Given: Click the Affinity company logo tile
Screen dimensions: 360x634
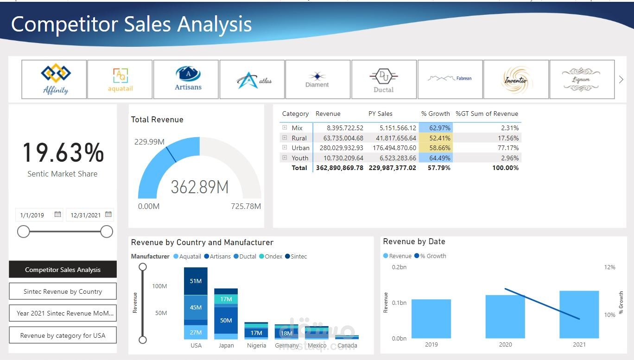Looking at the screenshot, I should (54, 79).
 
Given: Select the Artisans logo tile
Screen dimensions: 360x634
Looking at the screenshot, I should (186, 79).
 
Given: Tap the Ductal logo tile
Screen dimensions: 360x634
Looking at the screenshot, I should (384, 79).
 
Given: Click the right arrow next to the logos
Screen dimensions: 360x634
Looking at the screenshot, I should (621, 79).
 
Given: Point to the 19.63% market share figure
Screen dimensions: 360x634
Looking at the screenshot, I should (63, 153).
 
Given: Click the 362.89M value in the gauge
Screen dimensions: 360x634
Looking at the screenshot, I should (200, 187).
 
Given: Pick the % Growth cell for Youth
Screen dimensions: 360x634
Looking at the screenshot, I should (436, 158).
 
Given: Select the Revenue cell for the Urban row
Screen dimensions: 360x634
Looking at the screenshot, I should (339, 148).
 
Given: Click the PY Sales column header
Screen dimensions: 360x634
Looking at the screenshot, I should (380, 114).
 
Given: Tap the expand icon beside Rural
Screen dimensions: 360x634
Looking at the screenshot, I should (285, 138).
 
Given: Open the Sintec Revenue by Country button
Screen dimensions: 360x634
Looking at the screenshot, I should (63, 291).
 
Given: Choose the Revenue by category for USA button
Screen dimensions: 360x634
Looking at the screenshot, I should (63, 335).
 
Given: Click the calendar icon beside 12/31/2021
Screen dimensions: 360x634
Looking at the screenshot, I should (108, 215).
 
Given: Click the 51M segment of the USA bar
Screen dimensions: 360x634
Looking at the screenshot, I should (196, 281).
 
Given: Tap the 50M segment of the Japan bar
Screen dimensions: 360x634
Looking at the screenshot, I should (226, 320).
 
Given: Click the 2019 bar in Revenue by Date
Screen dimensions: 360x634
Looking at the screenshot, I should (431, 318).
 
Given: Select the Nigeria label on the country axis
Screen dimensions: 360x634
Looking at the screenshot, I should (256, 346).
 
